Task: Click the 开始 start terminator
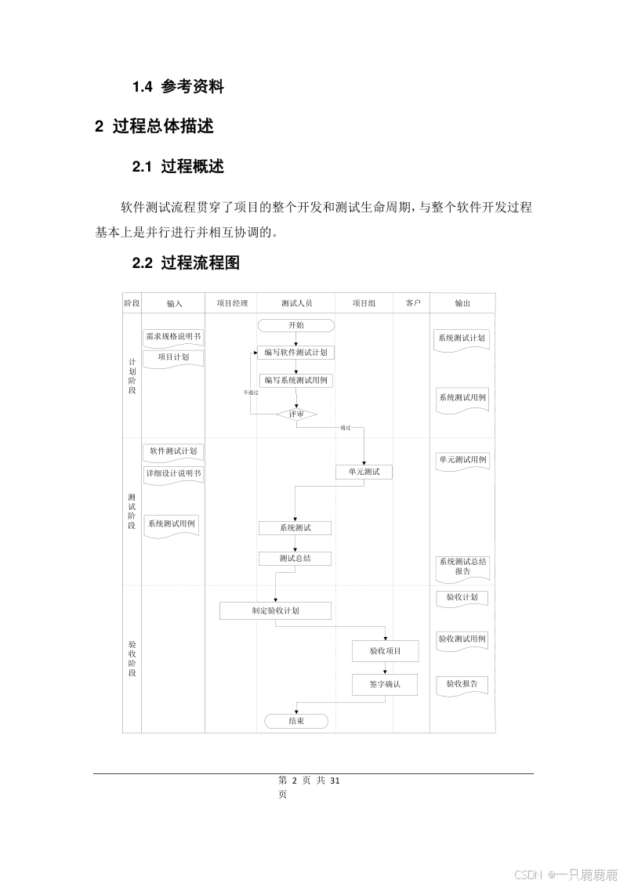pos(295,325)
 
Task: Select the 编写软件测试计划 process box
pos(295,353)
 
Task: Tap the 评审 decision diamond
pos(296,414)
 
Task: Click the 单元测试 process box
pos(364,472)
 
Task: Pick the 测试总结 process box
pos(295,559)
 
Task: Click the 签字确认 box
pos(385,684)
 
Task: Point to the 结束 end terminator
pos(296,721)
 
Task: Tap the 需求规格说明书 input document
pos(173,338)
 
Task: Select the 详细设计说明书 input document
pos(173,474)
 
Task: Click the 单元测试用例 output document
pos(462,459)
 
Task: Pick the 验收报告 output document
pos(462,684)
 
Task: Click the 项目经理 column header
pos(231,303)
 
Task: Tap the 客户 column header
pos(412,303)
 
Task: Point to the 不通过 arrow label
pos(250,392)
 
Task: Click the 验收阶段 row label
pos(132,658)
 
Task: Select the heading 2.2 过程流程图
pos(186,263)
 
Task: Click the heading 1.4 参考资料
pos(178,87)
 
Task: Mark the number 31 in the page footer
pos(335,780)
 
